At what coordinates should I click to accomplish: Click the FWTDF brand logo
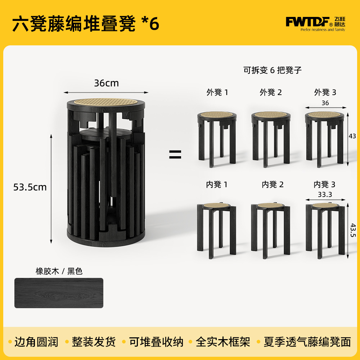click(315, 23)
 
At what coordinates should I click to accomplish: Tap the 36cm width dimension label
click(106, 83)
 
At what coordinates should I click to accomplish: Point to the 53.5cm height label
click(30, 187)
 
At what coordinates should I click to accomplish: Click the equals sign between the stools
click(175, 155)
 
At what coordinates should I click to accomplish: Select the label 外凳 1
click(217, 93)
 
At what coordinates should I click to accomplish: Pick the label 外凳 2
click(271, 93)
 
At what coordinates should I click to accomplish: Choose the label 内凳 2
click(273, 185)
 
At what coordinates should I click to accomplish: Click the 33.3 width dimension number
click(325, 194)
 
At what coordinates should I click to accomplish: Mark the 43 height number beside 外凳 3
click(352, 136)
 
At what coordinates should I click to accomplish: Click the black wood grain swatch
click(59, 293)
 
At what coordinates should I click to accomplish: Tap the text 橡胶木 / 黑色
click(59, 271)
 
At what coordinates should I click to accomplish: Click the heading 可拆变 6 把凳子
click(273, 71)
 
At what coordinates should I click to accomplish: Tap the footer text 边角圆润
click(36, 342)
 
